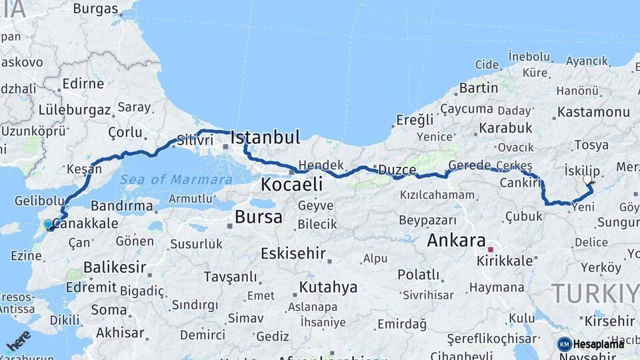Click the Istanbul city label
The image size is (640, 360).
[x=265, y=138]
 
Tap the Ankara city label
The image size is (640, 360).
[x=457, y=241]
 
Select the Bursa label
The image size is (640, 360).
[x=259, y=217]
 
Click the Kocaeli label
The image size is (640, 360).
[x=292, y=185]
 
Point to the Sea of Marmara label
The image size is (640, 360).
[x=177, y=179]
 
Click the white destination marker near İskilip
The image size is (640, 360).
[x=587, y=179]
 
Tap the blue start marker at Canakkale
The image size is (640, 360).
[x=48, y=225]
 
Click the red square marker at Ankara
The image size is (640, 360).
[x=491, y=249]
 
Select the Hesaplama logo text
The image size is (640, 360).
[x=598, y=344]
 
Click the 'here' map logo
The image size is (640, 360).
[x=18, y=341]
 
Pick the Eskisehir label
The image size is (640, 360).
[x=293, y=253]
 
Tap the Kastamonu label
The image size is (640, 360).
[x=593, y=112]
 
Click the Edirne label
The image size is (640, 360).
[x=83, y=84]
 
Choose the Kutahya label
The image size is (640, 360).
[x=329, y=287]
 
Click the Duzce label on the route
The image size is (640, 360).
[x=397, y=170]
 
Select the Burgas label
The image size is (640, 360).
[x=95, y=9]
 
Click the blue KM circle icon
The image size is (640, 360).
[x=564, y=344]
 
